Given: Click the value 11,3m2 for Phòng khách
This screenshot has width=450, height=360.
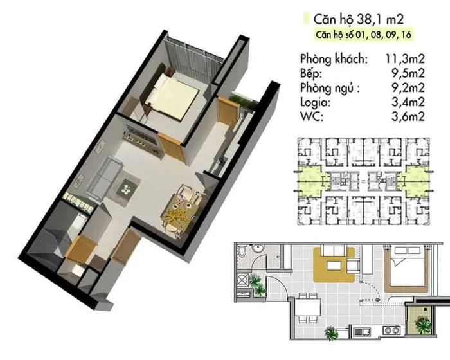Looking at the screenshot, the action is tap(405, 59).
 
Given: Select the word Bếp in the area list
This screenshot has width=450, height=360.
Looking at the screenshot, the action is tap(310, 73).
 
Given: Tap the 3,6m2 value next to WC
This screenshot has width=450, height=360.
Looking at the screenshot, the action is tap(408, 116).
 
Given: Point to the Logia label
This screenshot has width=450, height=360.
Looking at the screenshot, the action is tap(315, 102).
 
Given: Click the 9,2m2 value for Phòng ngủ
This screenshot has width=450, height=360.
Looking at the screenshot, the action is tap(408, 88).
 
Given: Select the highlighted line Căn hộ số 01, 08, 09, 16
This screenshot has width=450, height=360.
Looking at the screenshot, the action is tap(364, 35).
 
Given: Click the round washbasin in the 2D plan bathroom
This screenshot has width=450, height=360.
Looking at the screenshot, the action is tap(256, 249).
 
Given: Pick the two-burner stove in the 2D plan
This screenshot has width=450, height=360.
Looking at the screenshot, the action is tap(392, 330).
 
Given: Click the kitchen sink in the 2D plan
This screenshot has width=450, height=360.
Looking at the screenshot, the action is tap(362, 332).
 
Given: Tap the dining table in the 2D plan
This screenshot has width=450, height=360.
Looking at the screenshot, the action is tap(308, 307).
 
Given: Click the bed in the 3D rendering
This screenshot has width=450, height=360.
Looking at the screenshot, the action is tap(172, 95).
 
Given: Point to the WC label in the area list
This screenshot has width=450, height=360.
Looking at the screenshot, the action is tap(311, 116).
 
